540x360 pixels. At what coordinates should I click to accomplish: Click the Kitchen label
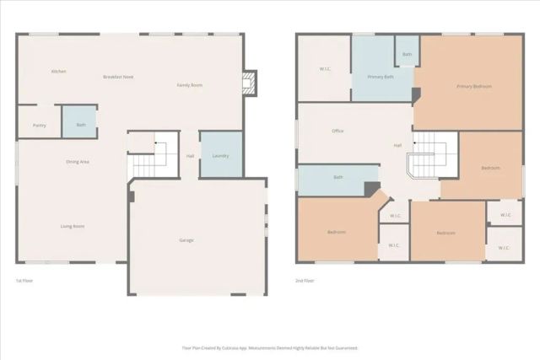pos(58,71)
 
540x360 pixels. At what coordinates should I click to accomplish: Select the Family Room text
pos(189,85)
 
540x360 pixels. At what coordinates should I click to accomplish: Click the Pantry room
pos(39,125)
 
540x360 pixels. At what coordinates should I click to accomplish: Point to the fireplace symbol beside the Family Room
pos(248,83)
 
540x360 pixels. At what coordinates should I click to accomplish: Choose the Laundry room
pos(221,155)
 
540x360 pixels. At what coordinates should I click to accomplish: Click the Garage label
pos(186,240)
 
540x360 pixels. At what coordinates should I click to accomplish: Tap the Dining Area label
pos(78,161)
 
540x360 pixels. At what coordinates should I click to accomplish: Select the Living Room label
pos(72,226)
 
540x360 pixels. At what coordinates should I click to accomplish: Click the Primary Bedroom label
pos(474,86)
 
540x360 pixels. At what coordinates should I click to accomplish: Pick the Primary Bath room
pos(381,77)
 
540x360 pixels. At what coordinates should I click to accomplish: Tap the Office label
pos(337,131)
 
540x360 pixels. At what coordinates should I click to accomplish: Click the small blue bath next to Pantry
pos(80,125)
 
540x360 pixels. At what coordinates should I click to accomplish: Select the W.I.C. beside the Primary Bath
pos(325,69)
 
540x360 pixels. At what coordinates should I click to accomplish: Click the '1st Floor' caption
pos(24,280)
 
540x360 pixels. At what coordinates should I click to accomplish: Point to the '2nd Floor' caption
pos(305,280)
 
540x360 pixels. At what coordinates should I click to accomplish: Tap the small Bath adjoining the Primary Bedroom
pos(407,54)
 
